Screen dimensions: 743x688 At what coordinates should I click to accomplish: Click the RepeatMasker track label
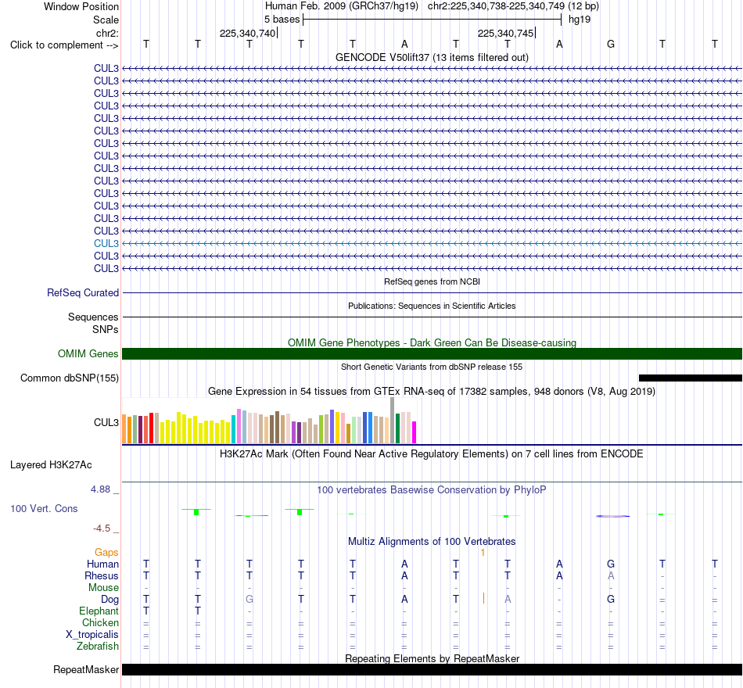pyautogui.click(x=86, y=669)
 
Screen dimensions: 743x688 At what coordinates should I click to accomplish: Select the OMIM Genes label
pyautogui.click(x=88, y=353)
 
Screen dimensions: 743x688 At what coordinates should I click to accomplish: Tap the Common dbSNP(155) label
pyautogui.click(x=69, y=378)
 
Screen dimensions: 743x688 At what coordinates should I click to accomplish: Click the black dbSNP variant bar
pyautogui.click(x=691, y=378)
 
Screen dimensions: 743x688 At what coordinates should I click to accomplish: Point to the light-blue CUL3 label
pyautogui.click(x=106, y=244)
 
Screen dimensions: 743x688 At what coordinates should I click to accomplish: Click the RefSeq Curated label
pyautogui.click(x=83, y=293)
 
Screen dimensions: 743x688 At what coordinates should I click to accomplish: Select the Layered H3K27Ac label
pyautogui.click(x=51, y=465)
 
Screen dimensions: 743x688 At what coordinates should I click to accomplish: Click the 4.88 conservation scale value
pyautogui.click(x=100, y=489)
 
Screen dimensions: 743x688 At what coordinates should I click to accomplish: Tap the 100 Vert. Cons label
pyautogui.click(x=44, y=509)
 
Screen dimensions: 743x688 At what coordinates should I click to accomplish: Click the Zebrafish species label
pyautogui.click(x=98, y=647)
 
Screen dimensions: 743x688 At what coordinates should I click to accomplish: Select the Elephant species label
pyautogui.click(x=99, y=611)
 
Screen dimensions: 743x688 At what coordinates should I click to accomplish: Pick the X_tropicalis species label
pyautogui.click(x=92, y=635)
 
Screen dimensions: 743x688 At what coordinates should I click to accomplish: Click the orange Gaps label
pyautogui.click(x=106, y=553)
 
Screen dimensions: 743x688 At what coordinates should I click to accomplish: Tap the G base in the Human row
pyautogui.click(x=611, y=564)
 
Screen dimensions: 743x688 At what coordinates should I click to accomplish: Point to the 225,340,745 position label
pyautogui.click(x=505, y=33)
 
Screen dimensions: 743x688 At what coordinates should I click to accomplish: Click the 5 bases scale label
pyautogui.click(x=282, y=20)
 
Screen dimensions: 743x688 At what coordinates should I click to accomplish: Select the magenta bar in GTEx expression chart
pyautogui.click(x=414, y=432)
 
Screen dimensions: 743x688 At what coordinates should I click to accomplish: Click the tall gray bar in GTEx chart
pyautogui.click(x=392, y=421)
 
